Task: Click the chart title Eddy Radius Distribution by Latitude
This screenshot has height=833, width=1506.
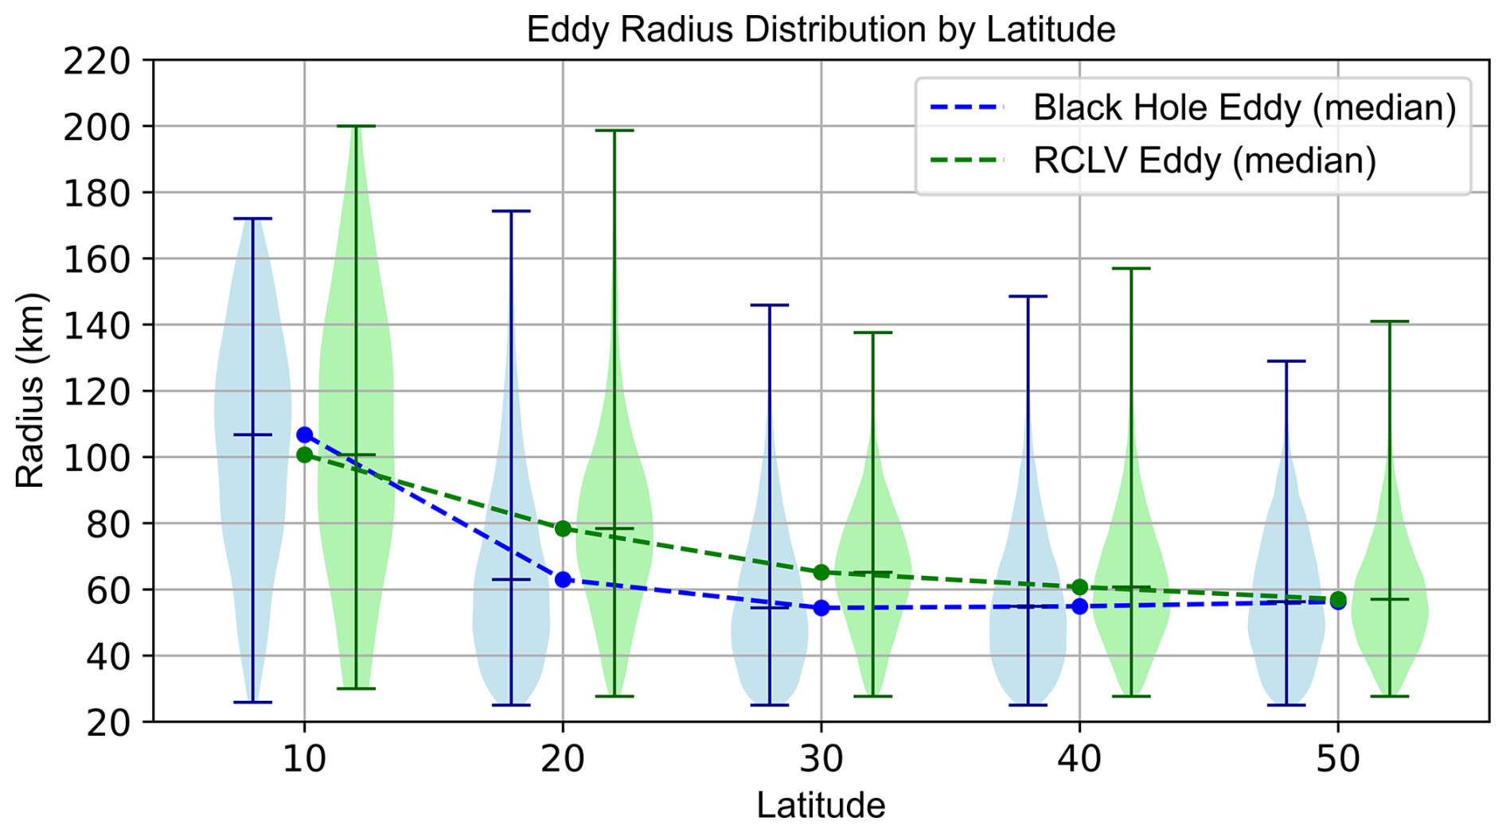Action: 821,30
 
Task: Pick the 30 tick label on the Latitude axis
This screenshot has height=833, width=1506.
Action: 821,761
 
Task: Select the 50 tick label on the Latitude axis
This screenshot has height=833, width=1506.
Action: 1337,761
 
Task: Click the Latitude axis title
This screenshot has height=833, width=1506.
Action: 821,806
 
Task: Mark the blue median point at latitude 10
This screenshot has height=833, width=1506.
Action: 304,435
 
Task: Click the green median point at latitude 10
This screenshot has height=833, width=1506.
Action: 304,455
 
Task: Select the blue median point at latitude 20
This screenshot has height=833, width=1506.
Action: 563,580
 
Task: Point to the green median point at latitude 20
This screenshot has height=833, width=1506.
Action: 563,528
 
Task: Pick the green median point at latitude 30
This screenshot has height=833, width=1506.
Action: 821,573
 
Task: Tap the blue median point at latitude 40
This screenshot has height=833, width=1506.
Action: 1079,606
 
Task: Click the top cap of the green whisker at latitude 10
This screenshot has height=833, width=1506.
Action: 356,127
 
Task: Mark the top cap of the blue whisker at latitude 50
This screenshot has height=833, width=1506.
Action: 1286,361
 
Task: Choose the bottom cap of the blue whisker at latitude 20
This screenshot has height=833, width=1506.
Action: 511,705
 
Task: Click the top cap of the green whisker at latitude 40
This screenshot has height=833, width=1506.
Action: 1131,269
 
